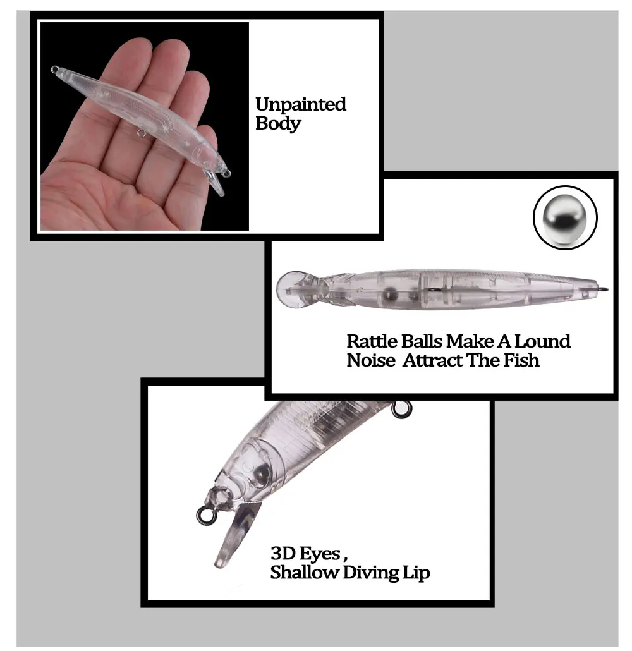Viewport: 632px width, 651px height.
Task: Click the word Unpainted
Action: tap(300, 105)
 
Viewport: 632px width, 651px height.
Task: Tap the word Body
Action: tap(278, 124)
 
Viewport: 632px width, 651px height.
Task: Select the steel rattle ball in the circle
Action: tap(565, 216)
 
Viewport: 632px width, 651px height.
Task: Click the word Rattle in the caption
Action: tap(374, 341)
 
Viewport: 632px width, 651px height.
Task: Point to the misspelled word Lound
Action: tap(543, 341)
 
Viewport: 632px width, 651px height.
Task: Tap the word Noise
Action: tap(371, 360)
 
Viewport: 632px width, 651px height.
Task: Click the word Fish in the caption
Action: tap(521, 360)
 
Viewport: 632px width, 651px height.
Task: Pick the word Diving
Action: tap(371, 573)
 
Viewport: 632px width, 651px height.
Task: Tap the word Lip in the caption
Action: tap(416, 573)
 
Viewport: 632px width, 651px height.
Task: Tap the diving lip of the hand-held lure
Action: tap(216, 183)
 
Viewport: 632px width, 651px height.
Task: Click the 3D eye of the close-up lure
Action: tap(261, 471)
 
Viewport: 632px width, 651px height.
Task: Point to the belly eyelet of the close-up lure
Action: tap(401, 409)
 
